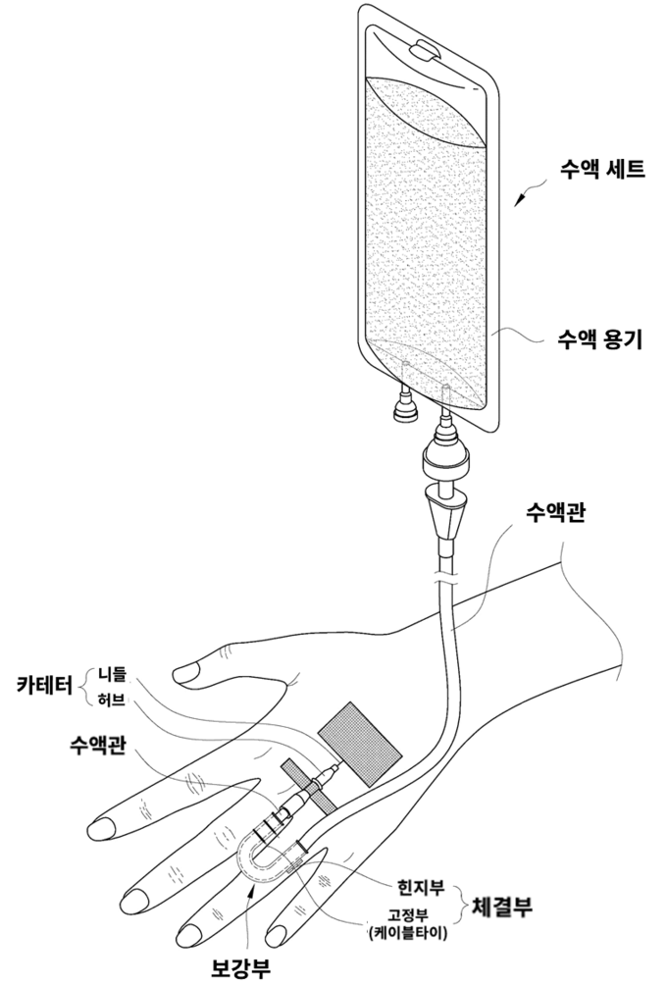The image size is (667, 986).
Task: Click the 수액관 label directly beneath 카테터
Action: (97, 742)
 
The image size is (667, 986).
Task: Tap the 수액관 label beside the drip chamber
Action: (554, 512)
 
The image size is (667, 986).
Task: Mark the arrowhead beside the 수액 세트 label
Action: (519, 202)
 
